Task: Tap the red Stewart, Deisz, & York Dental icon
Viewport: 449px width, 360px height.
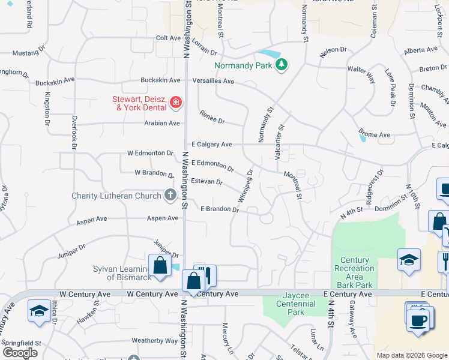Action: tap(175, 103)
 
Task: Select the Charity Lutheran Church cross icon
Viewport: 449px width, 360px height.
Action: tap(170, 195)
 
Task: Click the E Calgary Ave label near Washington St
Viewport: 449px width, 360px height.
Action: tap(211, 145)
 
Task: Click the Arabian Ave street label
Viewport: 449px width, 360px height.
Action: tap(161, 124)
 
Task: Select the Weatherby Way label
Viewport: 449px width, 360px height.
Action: tap(155, 340)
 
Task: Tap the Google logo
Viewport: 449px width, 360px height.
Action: tap(20, 352)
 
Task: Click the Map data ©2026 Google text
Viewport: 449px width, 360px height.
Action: tap(412, 355)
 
